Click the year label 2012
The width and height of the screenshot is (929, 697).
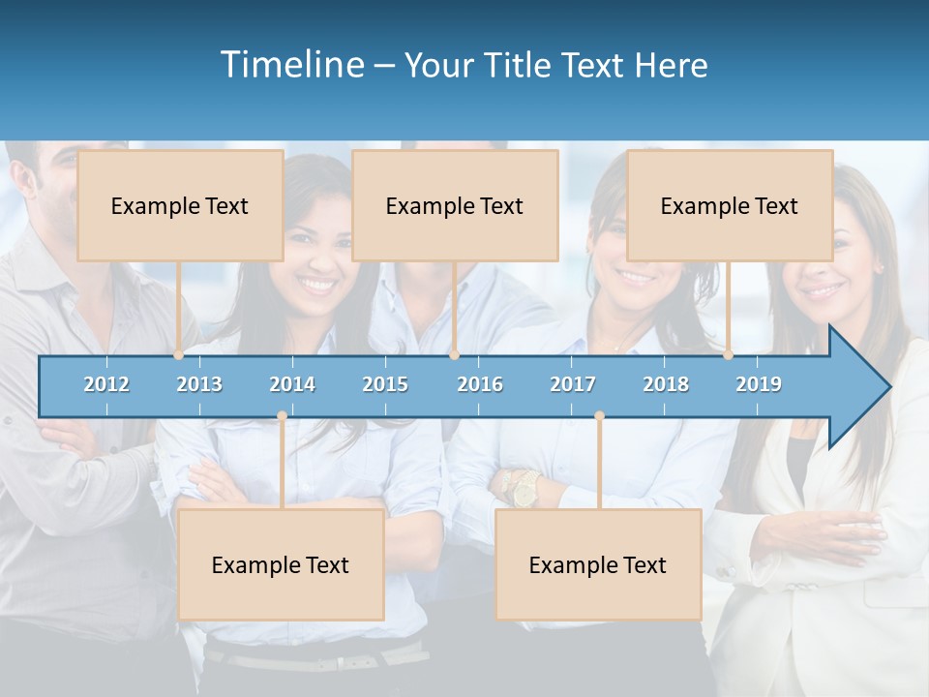[x=106, y=384]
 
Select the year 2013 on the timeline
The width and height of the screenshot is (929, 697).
[x=199, y=384]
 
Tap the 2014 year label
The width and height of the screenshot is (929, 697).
[x=292, y=384]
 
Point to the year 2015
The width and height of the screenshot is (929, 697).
[x=385, y=384]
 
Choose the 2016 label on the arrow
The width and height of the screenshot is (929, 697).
[x=480, y=384]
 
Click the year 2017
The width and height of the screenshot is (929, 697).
[x=573, y=384]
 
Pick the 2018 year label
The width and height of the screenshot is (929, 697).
[x=666, y=384]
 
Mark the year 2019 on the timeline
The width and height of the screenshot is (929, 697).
[x=759, y=384]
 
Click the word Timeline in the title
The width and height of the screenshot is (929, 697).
[x=290, y=65]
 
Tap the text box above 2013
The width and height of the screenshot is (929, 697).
[x=180, y=205]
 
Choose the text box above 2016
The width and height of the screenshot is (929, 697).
[x=455, y=205]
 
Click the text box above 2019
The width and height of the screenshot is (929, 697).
[x=730, y=205]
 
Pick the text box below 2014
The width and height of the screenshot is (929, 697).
[x=281, y=564]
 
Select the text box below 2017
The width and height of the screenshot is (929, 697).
[x=598, y=564]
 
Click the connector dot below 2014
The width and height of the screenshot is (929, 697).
[x=282, y=416]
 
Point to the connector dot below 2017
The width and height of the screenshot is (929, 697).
[x=599, y=416]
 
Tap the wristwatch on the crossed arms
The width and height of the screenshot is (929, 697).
[x=524, y=489]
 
